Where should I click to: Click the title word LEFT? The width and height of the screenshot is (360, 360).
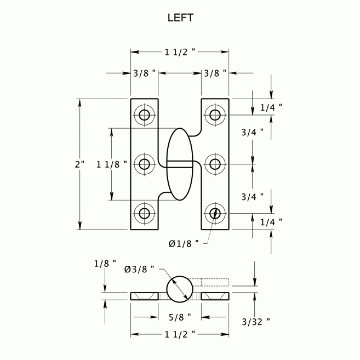(179, 18)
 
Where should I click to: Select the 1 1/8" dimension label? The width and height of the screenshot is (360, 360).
(111, 164)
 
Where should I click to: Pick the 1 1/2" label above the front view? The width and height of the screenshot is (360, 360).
(180, 52)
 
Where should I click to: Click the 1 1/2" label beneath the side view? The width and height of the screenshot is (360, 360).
(180, 334)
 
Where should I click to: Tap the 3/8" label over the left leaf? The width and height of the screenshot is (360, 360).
(145, 73)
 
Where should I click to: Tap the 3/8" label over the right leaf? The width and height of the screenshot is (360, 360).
(215, 73)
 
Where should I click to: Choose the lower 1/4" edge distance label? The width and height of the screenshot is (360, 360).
(271, 221)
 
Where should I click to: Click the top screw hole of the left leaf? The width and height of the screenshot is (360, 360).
(145, 115)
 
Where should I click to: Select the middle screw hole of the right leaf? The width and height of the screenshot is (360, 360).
(215, 164)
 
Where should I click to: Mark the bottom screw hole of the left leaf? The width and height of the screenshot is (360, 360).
(145, 213)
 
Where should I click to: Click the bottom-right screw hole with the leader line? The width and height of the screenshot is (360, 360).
(215, 213)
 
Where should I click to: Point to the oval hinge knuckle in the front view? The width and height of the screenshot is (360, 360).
(179, 164)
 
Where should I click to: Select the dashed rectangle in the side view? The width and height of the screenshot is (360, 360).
(214, 283)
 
